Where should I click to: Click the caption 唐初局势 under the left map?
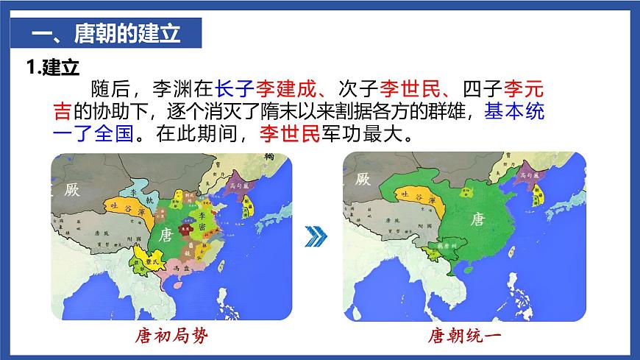(x=171, y=336)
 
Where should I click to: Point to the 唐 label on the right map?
(x=477, y=219)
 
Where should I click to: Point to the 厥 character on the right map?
(x=363, y=179)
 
